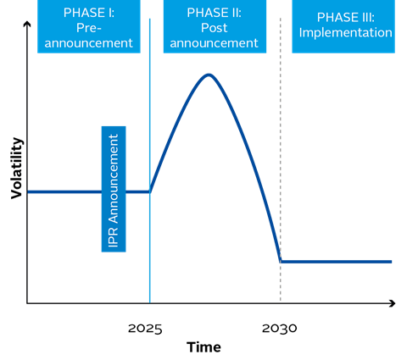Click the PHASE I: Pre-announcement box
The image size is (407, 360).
89,26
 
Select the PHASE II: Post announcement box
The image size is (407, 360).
215,26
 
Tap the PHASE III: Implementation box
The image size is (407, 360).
343,26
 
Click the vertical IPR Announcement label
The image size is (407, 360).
114,189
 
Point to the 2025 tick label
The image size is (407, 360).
145,329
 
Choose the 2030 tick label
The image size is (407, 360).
280,329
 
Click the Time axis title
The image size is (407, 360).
203,347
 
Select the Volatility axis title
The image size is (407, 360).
17,169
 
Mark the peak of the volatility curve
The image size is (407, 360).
209,75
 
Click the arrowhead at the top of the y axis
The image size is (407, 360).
27,23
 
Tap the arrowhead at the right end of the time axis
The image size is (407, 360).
393,303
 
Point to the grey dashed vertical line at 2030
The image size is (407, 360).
281,159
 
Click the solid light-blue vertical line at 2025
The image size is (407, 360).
150,161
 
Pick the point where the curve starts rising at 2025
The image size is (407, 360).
150,192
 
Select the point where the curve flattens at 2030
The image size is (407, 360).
281,262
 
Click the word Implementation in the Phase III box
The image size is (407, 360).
346,33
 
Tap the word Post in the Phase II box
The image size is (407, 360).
215,28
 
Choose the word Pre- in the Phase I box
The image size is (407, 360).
89,28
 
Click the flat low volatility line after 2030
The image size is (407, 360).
336,262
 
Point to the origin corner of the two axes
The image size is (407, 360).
27,303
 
